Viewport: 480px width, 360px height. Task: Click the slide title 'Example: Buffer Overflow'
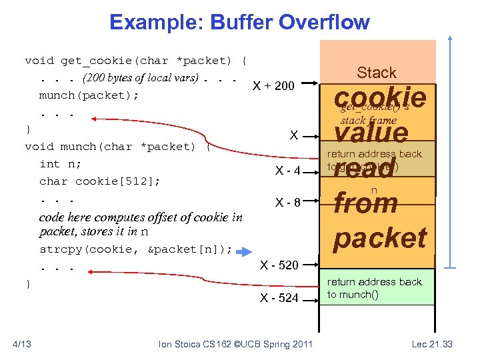[x=239, y=22]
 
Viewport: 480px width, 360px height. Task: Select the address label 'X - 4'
[x=288, y=171]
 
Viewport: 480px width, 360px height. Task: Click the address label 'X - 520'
[x=279, y=265]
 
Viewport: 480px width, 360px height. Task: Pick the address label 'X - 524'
[x=279, y=298]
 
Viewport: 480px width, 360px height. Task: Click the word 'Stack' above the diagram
[x=376, y=73]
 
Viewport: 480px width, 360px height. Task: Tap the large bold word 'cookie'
[x=380, y=97]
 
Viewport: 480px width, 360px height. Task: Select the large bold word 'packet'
[x=380, y=238]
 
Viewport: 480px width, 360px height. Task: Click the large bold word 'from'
[x=365, y=203]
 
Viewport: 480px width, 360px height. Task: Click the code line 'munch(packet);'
[x=89, y=95]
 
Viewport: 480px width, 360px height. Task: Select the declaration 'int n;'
[x=59, y=164]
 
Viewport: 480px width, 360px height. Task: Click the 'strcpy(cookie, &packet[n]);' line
[x=136, y=250]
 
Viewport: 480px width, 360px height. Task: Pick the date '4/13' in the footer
[x=23, y=344]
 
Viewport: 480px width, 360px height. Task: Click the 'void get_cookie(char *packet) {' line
[x=136, y=61]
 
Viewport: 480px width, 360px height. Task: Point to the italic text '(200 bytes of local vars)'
[x=141, y=77]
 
